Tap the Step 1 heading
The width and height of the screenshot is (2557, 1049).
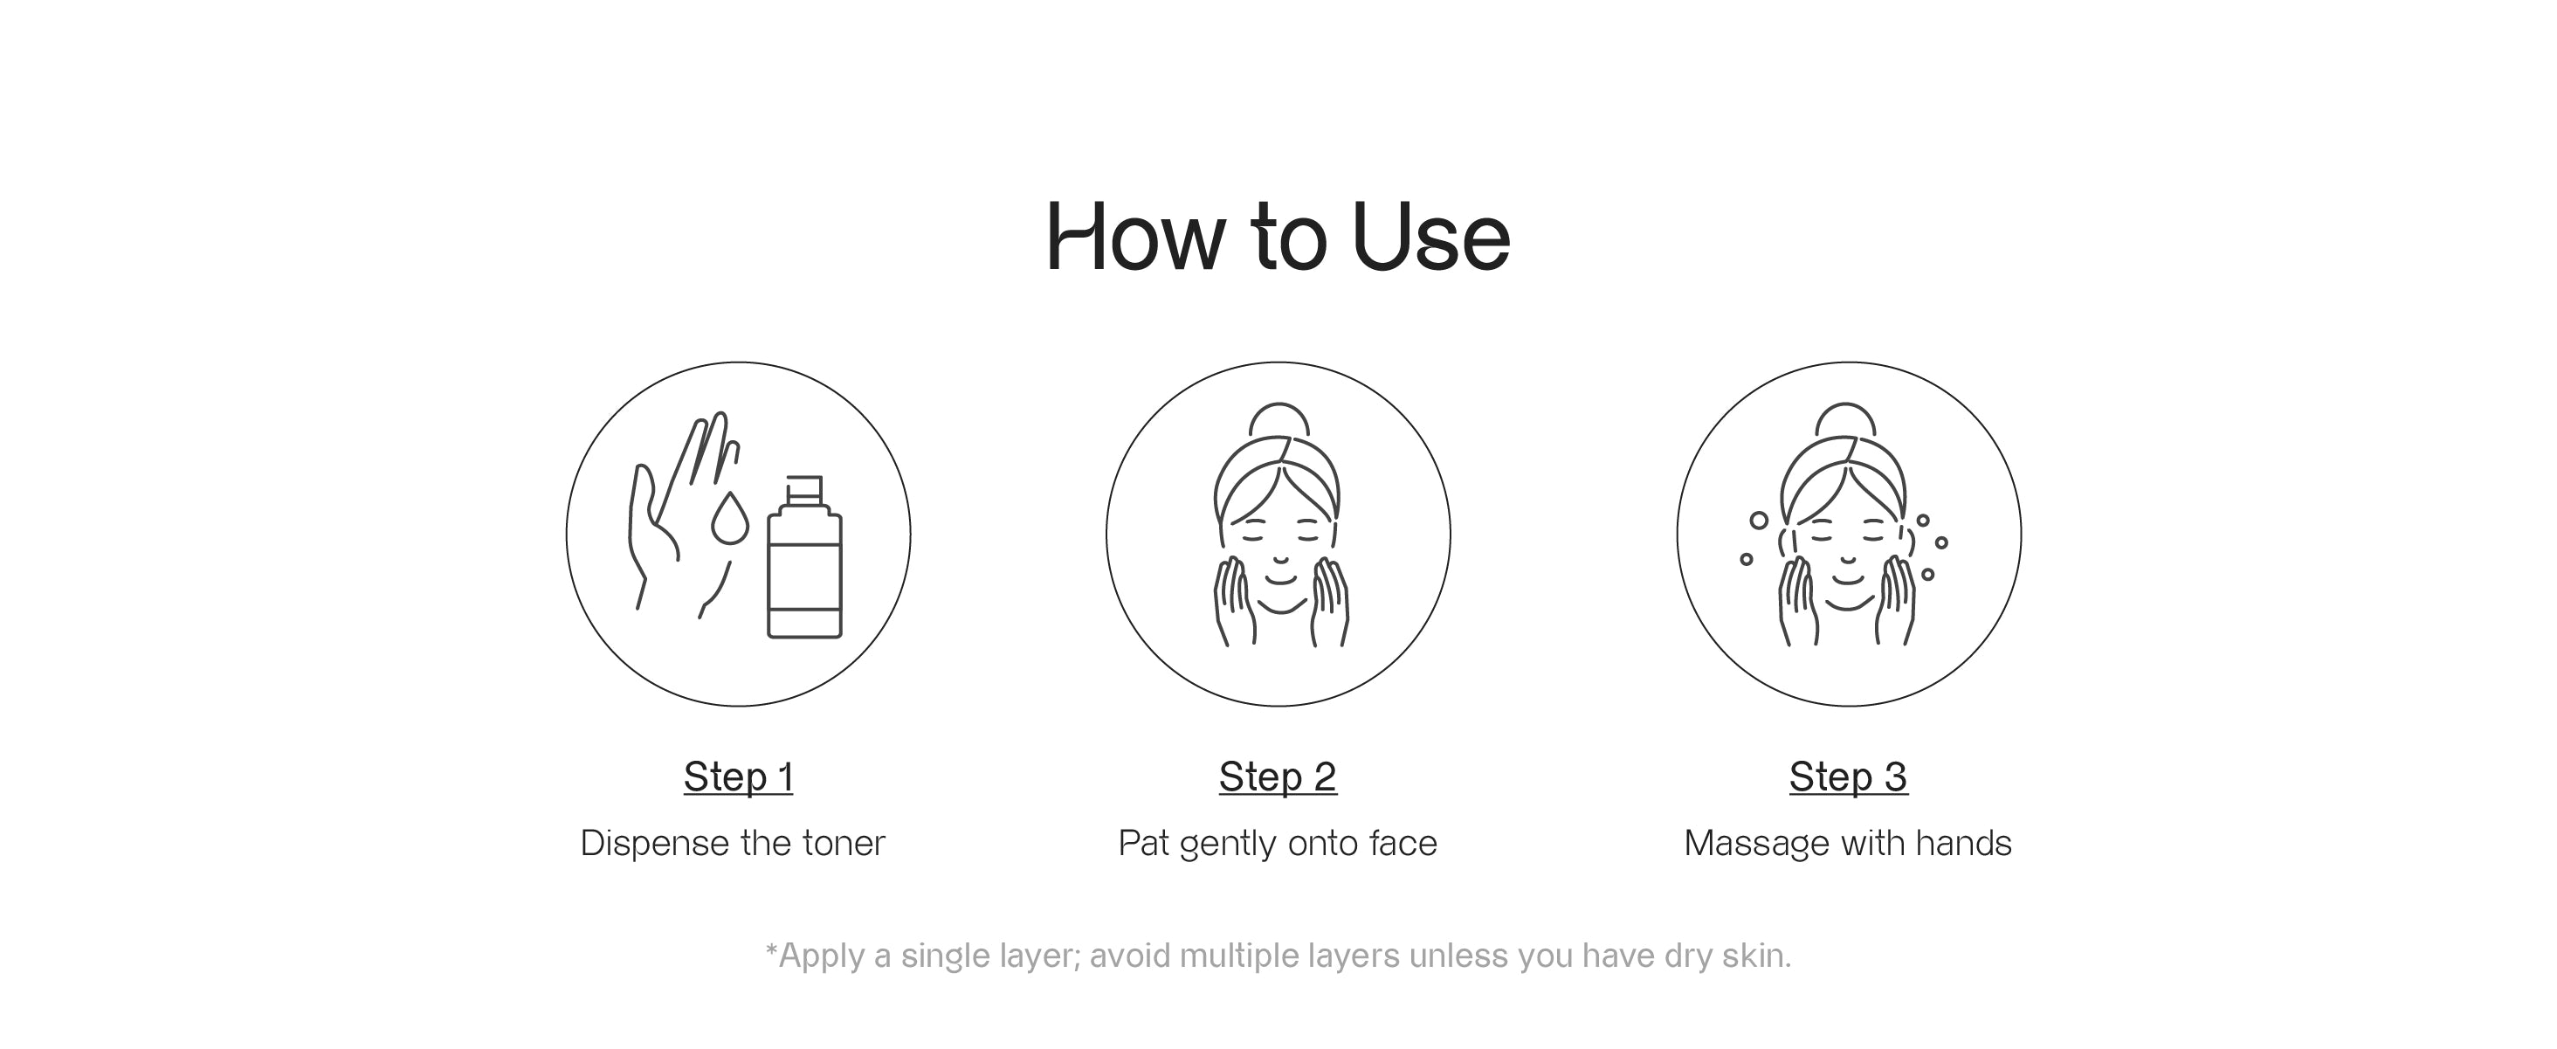pos(739,777)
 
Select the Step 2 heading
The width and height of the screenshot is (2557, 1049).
pos(1278,777)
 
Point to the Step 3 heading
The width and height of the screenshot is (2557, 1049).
pos(1848,777)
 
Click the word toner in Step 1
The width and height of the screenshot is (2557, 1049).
pos(843,844)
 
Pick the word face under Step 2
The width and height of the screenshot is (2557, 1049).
pos(1403,844)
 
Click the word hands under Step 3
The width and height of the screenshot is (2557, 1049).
pos(1962,844)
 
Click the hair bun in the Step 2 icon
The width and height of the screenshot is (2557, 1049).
pos(1278,418)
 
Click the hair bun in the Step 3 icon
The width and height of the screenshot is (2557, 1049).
pos(1845,418)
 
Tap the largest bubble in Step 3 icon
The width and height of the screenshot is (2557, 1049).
pos(1759,520)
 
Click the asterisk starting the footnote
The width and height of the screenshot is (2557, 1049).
pos(771,949)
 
